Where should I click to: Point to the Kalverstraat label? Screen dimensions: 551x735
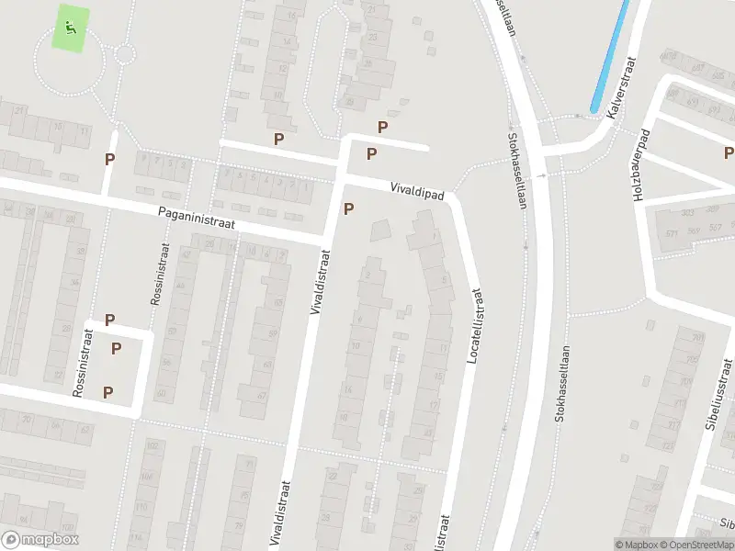(x=622, y=87)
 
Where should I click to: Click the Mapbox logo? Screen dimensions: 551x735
(x=40, y=540)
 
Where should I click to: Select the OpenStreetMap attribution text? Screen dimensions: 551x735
(x=695, y=545)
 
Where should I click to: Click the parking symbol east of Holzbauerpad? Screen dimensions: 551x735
(x=729, y=153)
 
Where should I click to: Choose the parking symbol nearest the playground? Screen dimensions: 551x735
(x=109, y=159)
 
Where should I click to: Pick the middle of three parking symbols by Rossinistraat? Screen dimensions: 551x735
(x=117, y=348)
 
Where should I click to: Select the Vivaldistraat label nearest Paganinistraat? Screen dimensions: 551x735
(x=321, y=279)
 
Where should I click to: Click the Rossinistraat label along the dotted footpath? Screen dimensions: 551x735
(x=154, y=273)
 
